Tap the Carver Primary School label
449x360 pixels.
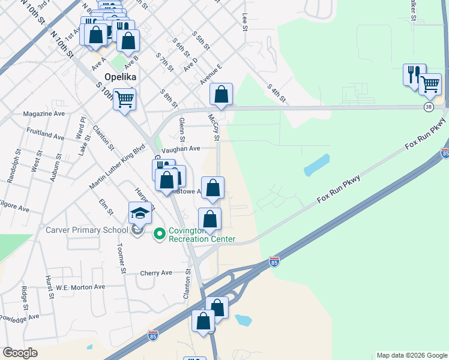pos(87,230)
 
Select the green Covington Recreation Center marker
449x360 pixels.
pos(160,233)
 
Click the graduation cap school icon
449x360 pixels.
pos(140,214)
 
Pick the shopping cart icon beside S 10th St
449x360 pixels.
pos(125,99)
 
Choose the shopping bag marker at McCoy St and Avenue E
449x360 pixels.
pos(221,94)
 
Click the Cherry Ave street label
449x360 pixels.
pos(155,272)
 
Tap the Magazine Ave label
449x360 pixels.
pos(43,113)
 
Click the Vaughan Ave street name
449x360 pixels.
pos(181,148)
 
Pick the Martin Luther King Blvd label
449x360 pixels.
pos(117,165)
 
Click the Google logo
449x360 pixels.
pos(20,353)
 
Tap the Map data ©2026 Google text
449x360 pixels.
pos(411,355)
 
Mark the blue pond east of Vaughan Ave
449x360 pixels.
pos(317,164)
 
